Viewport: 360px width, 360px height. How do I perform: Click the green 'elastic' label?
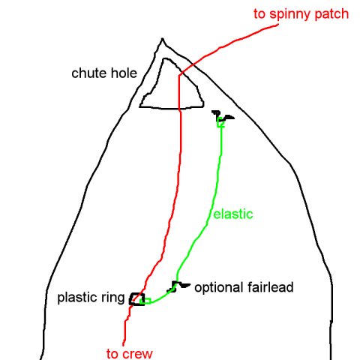point(233,214)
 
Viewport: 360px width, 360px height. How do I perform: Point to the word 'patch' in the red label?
point(331,14)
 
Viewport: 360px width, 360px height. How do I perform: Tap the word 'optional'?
point(219,287)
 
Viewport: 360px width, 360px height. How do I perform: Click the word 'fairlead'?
point(271,287)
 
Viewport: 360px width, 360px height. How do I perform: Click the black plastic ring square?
point(130,299)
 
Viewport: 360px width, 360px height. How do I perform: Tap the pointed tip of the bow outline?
point(163,38)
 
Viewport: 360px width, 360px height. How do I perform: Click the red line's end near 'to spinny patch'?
point(278,25)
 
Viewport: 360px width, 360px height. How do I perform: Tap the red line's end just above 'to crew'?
point(123,345)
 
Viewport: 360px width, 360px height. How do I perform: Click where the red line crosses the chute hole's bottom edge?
point(179,109)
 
